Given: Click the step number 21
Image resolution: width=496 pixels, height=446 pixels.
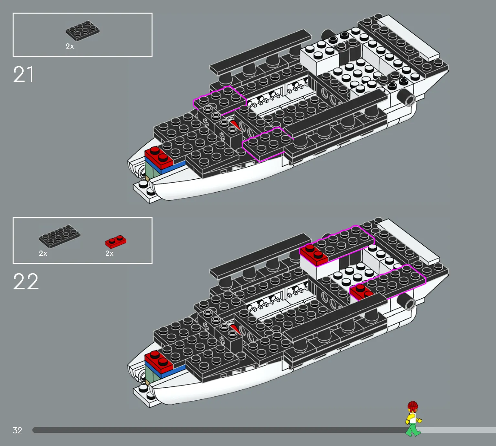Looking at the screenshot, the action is [24, 74].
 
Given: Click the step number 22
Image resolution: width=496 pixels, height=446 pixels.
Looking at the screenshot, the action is [26, 282].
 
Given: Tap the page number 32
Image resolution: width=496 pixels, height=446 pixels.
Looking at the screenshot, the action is [17, 430].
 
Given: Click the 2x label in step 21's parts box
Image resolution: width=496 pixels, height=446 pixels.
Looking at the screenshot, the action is [70, 46].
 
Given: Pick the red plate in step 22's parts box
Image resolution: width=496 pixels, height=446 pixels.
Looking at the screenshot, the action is [116, 241].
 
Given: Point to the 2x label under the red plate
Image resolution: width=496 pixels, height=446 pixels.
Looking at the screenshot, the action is [109, 253].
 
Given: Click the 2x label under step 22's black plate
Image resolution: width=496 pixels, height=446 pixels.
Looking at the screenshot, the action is [43, 253].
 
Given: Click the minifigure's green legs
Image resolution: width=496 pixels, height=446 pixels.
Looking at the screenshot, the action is [413, 430].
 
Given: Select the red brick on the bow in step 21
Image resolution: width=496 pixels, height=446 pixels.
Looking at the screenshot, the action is [159, 157].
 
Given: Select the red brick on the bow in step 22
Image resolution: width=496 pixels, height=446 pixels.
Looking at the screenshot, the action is [159, 361].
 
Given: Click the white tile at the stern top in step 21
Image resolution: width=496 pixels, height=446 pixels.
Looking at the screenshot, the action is [408, 38].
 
